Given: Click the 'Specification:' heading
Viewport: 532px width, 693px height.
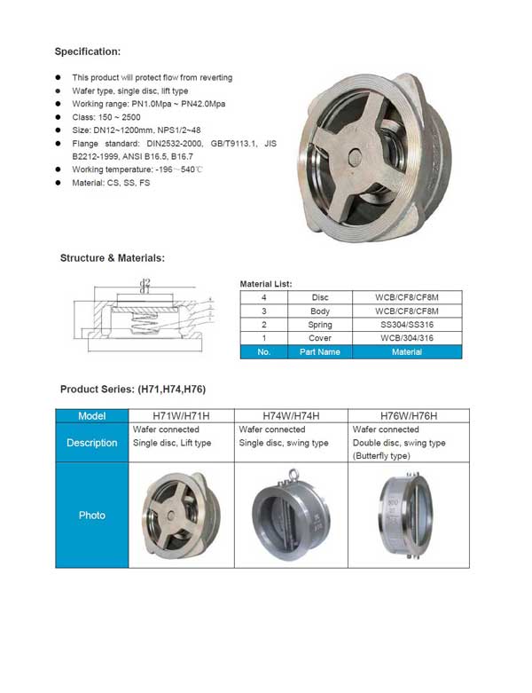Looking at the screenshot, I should click(88, 51).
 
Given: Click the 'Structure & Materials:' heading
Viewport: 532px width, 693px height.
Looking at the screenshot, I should click(112, 258).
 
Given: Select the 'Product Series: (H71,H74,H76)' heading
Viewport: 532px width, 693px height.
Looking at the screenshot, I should click(133, 390).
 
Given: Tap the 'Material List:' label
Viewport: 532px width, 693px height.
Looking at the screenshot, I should click(265, 285).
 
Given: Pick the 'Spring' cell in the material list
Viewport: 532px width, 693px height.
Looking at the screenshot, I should click(321, 325).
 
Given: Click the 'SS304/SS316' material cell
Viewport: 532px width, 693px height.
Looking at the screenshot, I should click(407, 325).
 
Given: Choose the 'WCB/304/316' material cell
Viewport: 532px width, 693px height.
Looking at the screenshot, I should click(407, 338).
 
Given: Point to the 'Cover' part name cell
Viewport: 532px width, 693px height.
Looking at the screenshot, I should click(321, 338).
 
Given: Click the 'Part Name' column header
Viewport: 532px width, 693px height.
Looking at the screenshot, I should click(321, 352).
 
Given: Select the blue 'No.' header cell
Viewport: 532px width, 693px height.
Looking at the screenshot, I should click(264, 352).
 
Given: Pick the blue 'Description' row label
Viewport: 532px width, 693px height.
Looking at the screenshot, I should click(92, 443).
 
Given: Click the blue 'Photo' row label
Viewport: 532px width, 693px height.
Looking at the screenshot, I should click(92, 515).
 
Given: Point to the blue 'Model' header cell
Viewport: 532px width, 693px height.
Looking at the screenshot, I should click(92, 416).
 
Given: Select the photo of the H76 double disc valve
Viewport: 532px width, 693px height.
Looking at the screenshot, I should click(408, 515).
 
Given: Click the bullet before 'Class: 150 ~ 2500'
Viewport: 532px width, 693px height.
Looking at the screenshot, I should click(59, 116).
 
